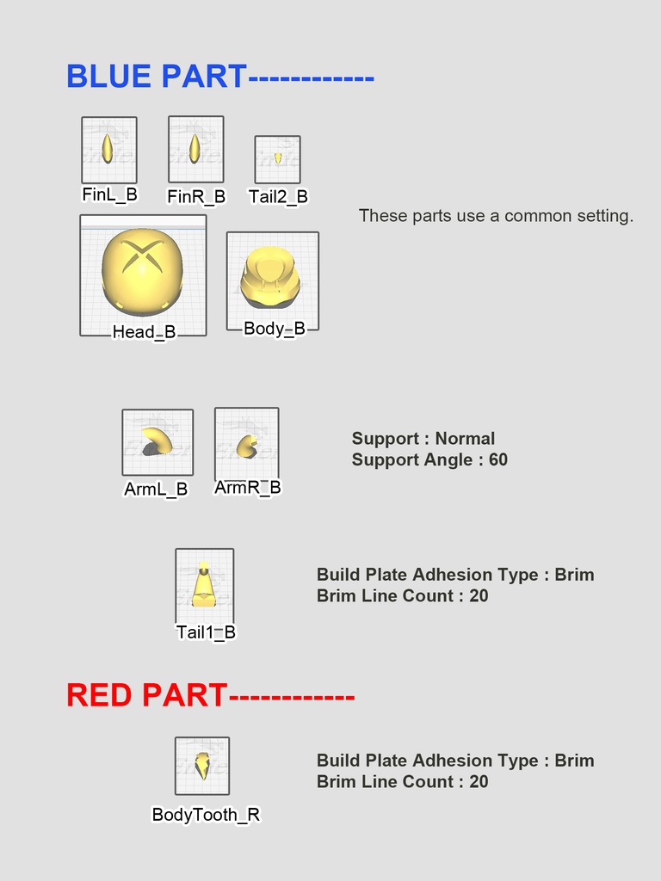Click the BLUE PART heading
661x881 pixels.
click(157, 77)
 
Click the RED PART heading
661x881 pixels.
click(147, 695)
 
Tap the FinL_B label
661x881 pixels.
click(109, 194)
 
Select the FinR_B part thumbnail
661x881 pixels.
click(195, 149)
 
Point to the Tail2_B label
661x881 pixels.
click(277, 196)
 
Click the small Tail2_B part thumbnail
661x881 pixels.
click(277, 159)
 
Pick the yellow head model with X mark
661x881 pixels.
click(143, 272)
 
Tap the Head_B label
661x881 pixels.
click(144, 332)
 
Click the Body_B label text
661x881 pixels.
click(274, 328)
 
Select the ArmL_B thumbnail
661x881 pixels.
click(158, 441)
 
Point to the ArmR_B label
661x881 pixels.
click(247, 488)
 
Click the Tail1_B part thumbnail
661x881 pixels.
click(204, 585)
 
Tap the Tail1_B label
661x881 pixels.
click(206, 632)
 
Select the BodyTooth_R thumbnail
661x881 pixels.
click(202, 765)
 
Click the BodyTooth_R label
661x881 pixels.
click(206, 814)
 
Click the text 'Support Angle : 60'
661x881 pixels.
click(429, 459)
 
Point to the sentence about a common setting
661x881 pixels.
click(496, 216)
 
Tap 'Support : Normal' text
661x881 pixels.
click(423, 439)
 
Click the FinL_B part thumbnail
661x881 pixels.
click(108, 149)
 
